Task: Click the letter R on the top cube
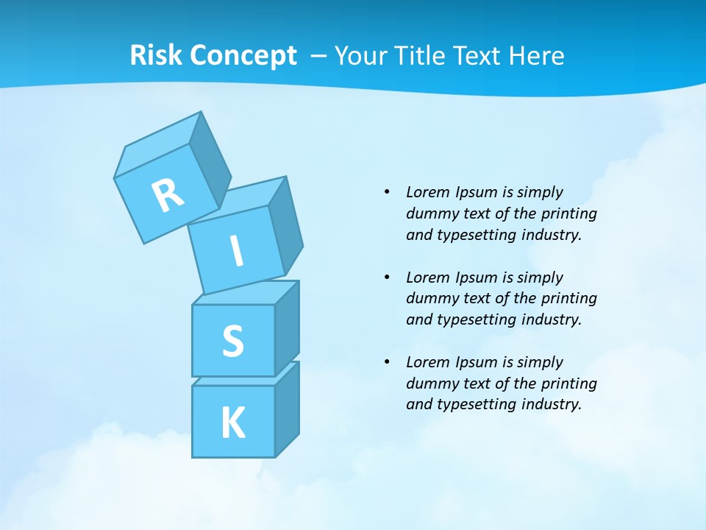coord(168,195)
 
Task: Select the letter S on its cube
coord(232,341)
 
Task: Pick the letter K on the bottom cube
coord(232,423)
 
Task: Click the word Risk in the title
coord(156,56)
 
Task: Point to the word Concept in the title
coord(243,56)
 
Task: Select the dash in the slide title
coord(319,56)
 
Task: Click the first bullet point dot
coord(387,192)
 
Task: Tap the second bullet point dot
coord(387,278)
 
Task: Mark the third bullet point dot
coord(387,362)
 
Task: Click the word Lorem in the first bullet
coord(427,192)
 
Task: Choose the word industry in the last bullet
coord(551,404)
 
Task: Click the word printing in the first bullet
coord(568,214)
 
